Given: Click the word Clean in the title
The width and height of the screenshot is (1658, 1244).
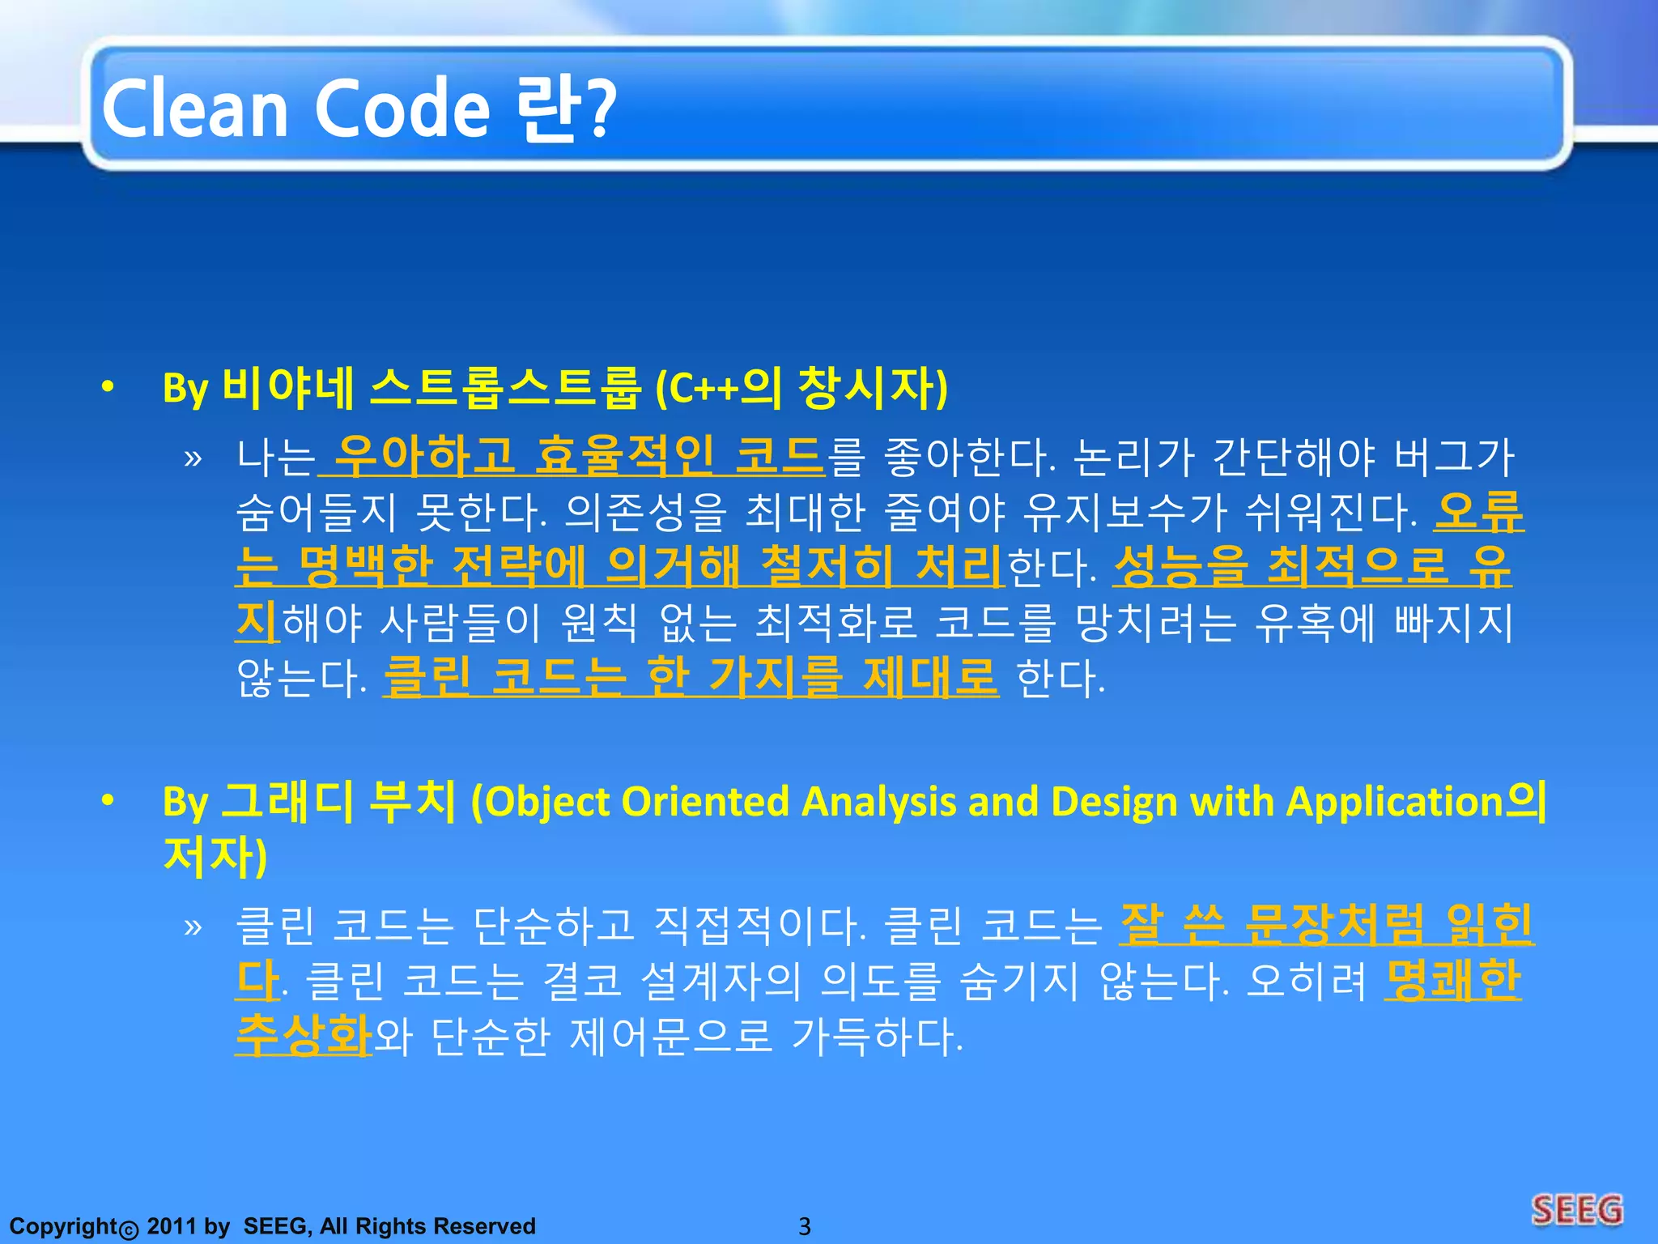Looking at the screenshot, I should coord(194,109).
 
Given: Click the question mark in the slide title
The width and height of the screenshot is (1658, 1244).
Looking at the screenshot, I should coord(602,109).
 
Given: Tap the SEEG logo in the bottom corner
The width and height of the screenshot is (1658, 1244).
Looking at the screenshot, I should coord(1577,1210).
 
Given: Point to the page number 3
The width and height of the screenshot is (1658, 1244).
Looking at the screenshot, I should coord(804,1226).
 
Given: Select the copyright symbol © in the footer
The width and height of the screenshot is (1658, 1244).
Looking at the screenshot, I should coord(129,1229).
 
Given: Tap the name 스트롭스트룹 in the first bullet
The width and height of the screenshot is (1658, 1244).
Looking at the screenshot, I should coord(505,389).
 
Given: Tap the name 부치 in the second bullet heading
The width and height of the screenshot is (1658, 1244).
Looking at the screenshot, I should coord(412,802).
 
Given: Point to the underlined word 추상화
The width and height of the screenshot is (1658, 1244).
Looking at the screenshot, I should coord(304,1035).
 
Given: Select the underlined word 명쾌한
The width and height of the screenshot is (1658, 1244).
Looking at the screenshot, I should coord(1452,980).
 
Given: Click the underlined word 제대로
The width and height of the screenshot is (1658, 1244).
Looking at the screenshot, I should coord(930,675).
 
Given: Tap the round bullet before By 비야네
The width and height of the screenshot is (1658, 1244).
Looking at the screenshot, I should coord(108,389).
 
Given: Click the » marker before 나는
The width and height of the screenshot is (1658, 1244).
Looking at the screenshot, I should coord(193,458).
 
